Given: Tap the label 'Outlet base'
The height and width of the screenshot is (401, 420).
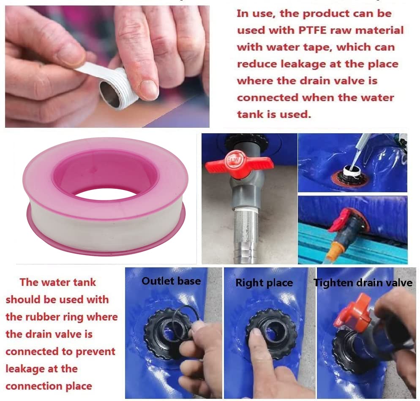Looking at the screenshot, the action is coord(171,281).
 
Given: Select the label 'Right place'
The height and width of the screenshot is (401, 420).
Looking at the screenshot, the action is coord(264,283).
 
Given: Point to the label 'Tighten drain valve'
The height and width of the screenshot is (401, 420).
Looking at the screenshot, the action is coord(363,283).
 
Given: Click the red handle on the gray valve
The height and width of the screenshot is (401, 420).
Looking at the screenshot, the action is coord(239,164).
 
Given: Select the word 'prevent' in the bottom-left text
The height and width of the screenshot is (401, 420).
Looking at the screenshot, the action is coord(95,352).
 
